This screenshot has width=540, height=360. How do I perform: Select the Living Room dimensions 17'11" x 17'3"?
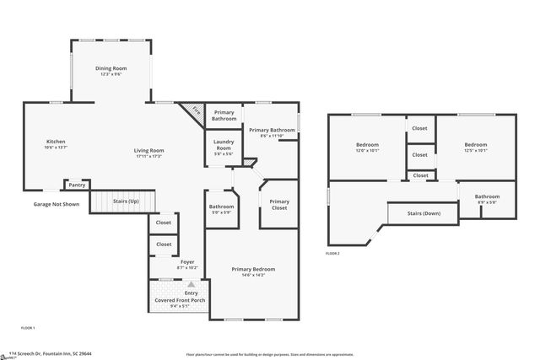coord(148,157)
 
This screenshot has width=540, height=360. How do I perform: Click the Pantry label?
coord(77,185)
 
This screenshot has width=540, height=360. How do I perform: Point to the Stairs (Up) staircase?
coord(123,201)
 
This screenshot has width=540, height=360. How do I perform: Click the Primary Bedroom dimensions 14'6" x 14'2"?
coord(253,275)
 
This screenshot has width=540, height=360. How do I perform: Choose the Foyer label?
coord(187,262)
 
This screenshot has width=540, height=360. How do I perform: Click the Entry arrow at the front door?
coord(191,285)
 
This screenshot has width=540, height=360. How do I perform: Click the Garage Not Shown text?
coord(56,204)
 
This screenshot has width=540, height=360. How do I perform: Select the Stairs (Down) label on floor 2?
coord(424,213)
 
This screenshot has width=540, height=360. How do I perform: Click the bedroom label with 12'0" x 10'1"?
coord(367,145)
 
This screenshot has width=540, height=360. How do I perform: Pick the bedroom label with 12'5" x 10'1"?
coord(475,145)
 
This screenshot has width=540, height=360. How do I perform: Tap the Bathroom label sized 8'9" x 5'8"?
coord(487,196)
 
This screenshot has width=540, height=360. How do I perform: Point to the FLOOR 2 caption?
coord(332,253)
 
